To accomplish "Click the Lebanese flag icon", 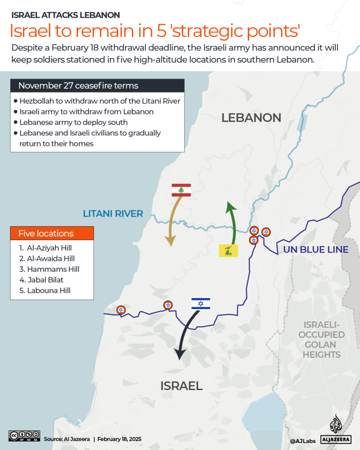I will coord(181,190).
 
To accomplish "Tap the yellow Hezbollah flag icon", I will coord(229,250).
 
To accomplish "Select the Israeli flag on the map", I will coord(201,304).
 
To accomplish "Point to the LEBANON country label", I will coord(251,117).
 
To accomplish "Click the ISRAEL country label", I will coord(181,386).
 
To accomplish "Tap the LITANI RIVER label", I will coord(113,214).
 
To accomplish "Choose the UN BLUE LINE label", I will coord(316,249).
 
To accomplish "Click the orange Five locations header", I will coord(52,233).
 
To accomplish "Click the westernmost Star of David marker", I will coord(121,310).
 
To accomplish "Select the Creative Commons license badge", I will coord(24,435).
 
